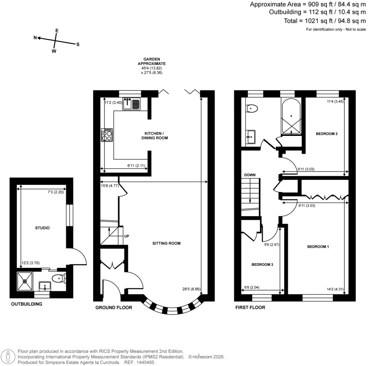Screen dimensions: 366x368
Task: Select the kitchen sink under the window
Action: click(x=131, y=104)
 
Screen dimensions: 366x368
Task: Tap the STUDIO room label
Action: click(x=42, y=228)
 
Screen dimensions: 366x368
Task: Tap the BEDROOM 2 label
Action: click(x=326, y=134)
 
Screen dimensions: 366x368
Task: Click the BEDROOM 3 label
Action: click(x=262, y=265)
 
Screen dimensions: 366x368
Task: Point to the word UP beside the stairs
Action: click(x=126, y=236)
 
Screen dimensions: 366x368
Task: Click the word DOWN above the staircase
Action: click(x=250, y=175)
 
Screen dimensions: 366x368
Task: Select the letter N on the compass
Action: click(x=35, y=37)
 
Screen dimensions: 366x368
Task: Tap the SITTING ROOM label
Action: click(x=166, y=243)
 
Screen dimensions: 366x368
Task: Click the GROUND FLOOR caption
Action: click(x=114, y=307)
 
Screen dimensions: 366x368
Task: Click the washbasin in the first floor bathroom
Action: click(x=250, y=136)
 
